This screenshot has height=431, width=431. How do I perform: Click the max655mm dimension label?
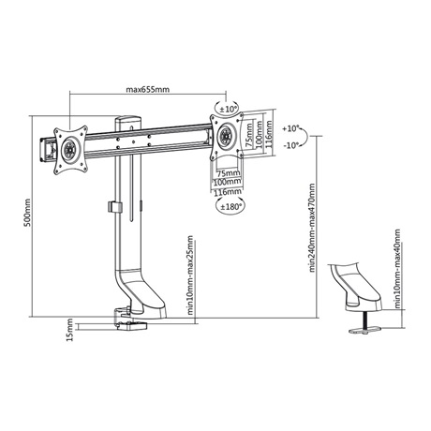(x=148, y=90)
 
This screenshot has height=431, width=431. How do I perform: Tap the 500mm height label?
(x=28, y=213)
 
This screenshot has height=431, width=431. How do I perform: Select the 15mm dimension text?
(x=69, y=330)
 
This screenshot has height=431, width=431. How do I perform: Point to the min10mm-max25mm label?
(x=190, y=275)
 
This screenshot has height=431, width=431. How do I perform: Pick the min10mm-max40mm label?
(x=397, y=269)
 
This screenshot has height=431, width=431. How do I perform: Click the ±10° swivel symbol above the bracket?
(x=227, y=109)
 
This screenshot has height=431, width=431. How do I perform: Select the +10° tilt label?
(x=290, y=128)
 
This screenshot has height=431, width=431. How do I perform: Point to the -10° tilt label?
(x=291, y=145)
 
